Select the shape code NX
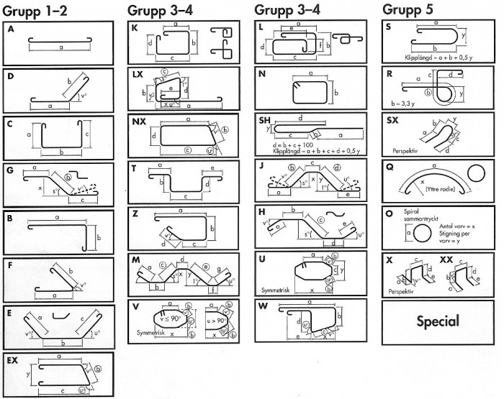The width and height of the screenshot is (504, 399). click(139, 121)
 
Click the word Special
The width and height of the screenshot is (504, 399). click(437, 320)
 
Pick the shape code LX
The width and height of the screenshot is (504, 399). click(138, 75)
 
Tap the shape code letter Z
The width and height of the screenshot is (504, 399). click(135, 214)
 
